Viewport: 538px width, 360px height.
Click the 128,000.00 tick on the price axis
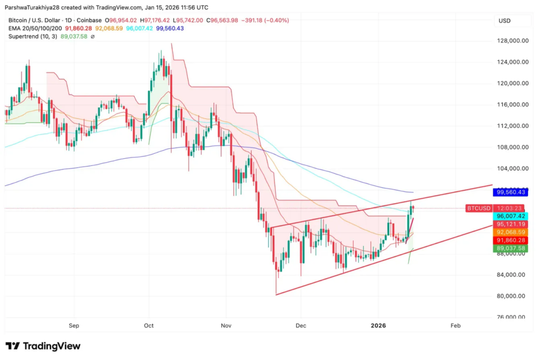point(513,40)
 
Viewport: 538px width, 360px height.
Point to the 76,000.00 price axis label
point(512,317)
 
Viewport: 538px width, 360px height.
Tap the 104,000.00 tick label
point(513,169)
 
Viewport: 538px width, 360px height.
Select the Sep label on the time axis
point(74,326)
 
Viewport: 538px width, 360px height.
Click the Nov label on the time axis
point(226,326)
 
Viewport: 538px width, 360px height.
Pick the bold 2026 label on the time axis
point(378,326)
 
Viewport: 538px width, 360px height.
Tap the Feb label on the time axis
point(455,326)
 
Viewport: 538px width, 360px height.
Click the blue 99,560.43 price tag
point(512,192)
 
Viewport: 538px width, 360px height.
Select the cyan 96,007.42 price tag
point(512,216)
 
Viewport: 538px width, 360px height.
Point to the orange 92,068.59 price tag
point(512,232)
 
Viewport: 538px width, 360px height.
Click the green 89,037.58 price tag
point(512,248)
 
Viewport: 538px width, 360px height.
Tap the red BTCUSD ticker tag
point(478,208)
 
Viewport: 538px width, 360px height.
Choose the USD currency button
point(504,20)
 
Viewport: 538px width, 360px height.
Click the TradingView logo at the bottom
point(43,346)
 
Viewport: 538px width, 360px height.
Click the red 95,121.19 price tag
point(512,224)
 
